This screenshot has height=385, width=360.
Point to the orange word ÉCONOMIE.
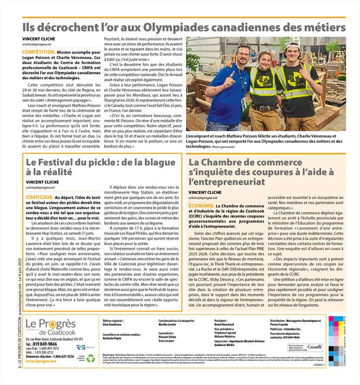201,205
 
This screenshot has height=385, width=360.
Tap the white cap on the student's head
264,50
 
